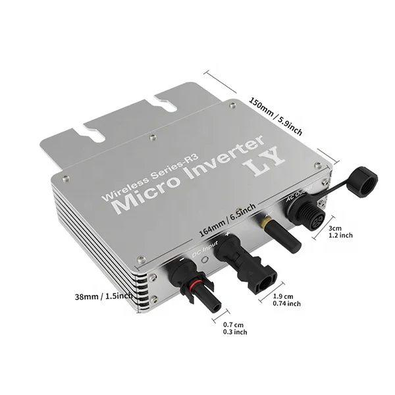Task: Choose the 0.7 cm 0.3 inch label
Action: [234, 329]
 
